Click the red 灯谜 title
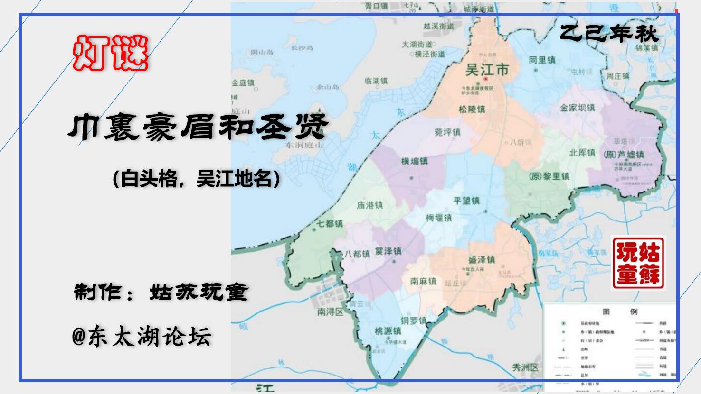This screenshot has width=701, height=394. pyautogui.click(x=110, y=53)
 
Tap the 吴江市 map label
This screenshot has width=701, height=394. pyautogui.click(x=487, y=70)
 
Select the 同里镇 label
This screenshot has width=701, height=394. pyautogui.click(x=542, y=60)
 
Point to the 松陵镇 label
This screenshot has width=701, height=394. pyautogui.click(x=472, y=109)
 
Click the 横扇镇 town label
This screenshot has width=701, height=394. pyautogui.click(x=414, y=161)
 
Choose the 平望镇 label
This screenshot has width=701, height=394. pyautogui.click(x=466, y=201)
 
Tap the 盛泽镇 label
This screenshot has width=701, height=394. pyautogui.click(x=482, y=259)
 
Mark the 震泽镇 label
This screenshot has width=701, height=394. pyautogui.click(x=388, y=251)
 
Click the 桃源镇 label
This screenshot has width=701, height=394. pyautogui.click(x=388, y=330)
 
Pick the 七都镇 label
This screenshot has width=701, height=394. pyautogui.click(x=330, y=223)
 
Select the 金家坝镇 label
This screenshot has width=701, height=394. pyautogui.click(x=578, y=108)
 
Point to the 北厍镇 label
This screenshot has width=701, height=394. pyautogui.click(x=582, y=153)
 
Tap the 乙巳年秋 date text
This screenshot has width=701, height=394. pyautogui.click(x=609, y=33)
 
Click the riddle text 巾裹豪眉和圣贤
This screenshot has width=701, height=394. pyautogui.click(x=198, y=127)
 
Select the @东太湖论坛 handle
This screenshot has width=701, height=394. pyautogui.click(x=142, y=337)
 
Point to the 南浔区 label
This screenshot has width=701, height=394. pyautogui.click(x=331, y=312)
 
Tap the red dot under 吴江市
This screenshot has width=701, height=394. pyautogui.click(x=486, y=79)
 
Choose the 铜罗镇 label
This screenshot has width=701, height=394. pyautogui.click(x=413, y=321)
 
